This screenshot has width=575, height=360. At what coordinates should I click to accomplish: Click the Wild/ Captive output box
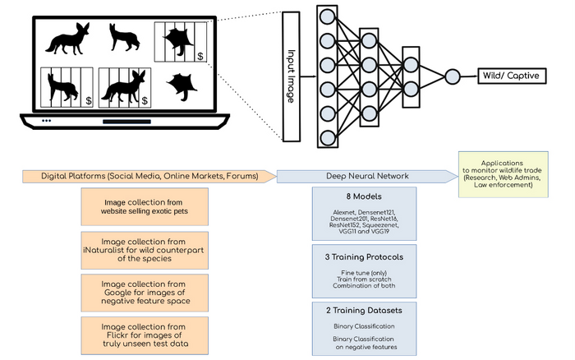click(511, 76)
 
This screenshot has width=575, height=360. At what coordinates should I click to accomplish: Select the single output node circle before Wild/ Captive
click(451, 76)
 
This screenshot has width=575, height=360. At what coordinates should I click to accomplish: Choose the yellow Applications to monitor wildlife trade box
click(507, 174)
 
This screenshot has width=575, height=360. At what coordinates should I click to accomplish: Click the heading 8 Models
click(363, 197)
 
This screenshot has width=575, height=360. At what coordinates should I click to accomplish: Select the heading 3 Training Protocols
click(363, 256)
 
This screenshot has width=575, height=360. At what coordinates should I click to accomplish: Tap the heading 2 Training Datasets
click(363, 311)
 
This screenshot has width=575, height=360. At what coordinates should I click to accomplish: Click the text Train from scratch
click(363, 279)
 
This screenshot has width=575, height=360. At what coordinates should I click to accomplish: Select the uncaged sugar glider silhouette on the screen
click(182, 86)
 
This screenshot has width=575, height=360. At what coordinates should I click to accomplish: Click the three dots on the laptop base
click(46, 121)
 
